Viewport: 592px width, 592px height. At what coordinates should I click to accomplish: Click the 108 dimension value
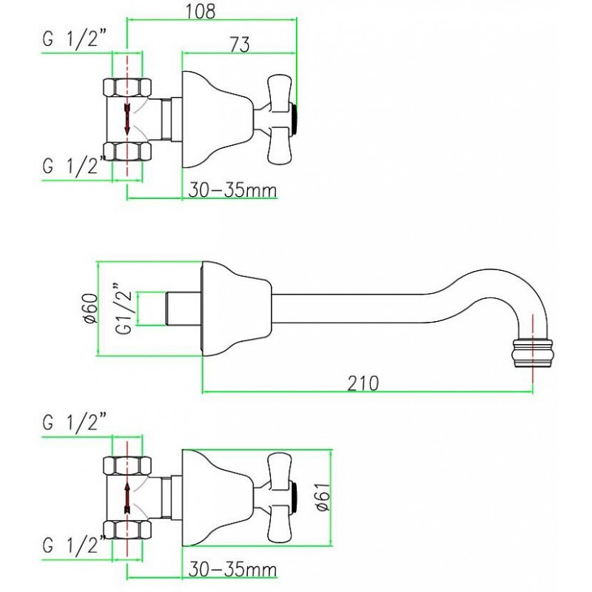coord(200,11)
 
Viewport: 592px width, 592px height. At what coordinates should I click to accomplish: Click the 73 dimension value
coord(240,44)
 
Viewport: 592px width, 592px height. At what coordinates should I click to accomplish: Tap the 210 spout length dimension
coord(363,383)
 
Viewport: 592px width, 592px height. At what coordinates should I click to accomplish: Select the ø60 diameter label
coord(91,309)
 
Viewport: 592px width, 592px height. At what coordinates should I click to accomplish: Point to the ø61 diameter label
coord(323,497)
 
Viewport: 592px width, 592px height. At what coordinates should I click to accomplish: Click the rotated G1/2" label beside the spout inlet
coord(124,308)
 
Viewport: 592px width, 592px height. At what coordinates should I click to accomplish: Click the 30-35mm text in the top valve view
coord(232,191)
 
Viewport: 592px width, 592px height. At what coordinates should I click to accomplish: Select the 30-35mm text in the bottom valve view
coord(232,569)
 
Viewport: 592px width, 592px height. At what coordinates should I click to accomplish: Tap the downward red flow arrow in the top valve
coord(127,118)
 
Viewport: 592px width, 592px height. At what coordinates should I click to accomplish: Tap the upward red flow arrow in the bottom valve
coord(127,497)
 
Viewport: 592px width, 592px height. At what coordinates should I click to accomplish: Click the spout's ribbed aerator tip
coord(532,353)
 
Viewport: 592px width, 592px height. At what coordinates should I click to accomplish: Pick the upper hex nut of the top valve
coord(127,87)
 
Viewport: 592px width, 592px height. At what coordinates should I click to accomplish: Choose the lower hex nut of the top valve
coord(127,151)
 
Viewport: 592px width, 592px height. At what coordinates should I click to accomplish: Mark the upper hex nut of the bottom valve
coord(127,465)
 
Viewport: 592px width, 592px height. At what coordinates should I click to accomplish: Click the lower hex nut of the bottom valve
coord(127,530)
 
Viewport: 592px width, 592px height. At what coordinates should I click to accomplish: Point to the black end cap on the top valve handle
coord(294,118)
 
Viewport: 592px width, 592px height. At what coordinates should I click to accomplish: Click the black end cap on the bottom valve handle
coord(294,497)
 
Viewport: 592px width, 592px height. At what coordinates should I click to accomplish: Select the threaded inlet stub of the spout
coord(184,308)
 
